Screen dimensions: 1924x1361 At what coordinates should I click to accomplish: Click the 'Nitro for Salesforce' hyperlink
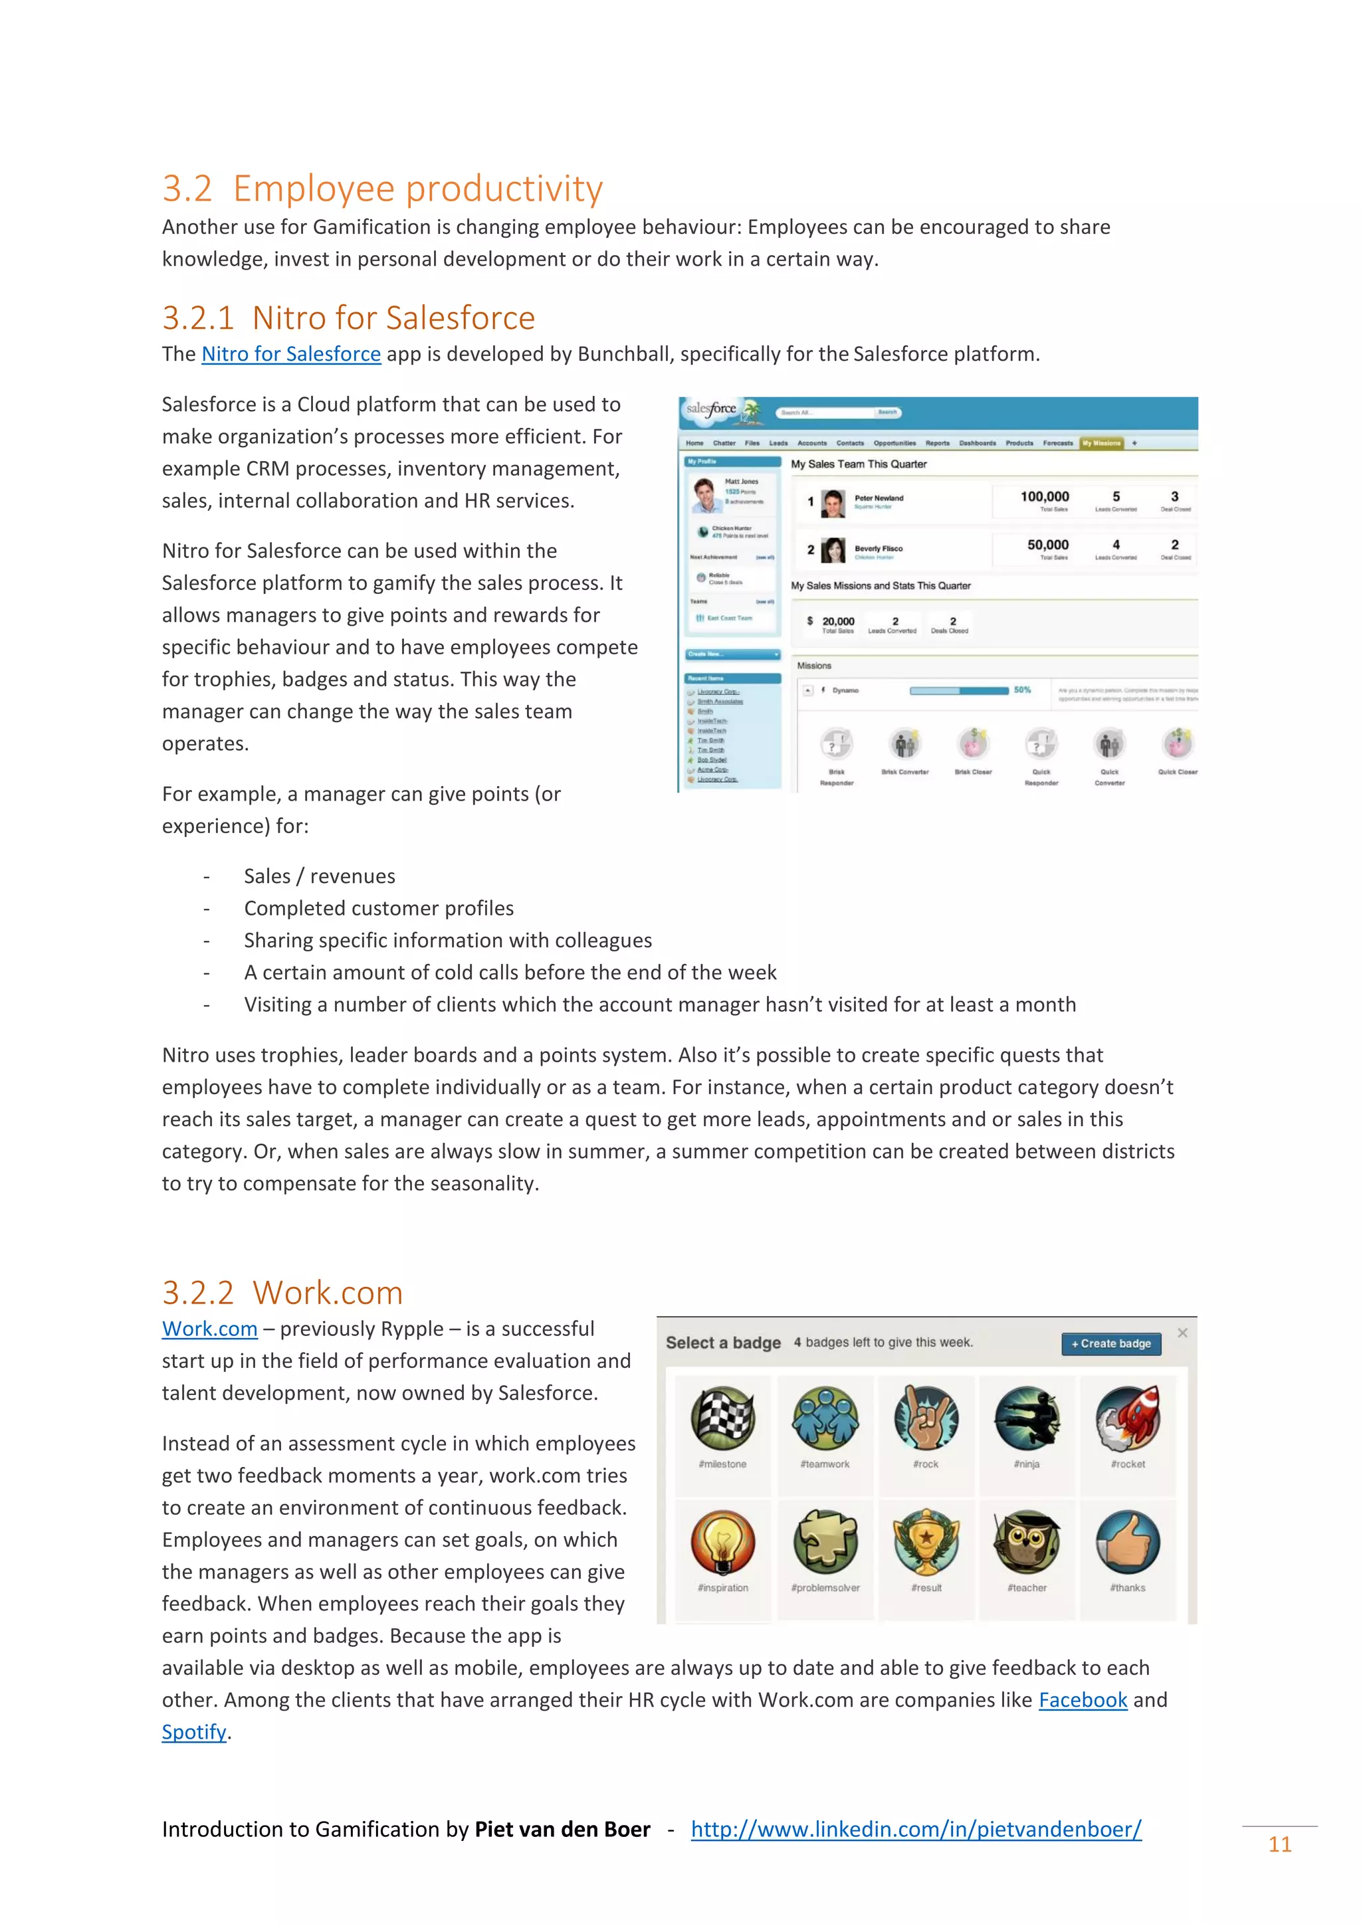point(291,355)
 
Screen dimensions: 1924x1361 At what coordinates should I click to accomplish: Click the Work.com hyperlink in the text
point(209,1329)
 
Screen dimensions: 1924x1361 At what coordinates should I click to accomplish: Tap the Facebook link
point(1083,1700)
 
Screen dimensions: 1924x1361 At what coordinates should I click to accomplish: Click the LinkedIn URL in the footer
point(916,1829)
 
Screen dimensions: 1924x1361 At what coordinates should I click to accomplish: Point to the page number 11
point(1280,1844)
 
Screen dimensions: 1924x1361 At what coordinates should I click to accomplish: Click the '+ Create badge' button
point(1111,1343)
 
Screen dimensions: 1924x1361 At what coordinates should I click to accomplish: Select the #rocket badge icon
point(1128,1418)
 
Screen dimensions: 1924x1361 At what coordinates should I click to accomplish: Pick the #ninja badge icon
point(1027,1418)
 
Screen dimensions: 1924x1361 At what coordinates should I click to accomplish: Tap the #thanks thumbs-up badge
point(1128,1542)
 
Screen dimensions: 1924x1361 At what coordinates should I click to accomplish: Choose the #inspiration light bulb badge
point(722,1542)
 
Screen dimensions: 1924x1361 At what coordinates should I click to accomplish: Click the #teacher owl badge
point(1027,1542)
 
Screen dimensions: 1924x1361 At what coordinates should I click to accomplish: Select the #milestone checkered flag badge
point(722,1418)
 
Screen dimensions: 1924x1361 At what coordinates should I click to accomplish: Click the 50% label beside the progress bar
point(1023,690)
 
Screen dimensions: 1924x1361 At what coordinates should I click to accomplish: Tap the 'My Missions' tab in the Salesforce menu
point(1101,443)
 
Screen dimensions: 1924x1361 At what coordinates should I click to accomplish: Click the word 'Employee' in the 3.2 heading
point(314,189)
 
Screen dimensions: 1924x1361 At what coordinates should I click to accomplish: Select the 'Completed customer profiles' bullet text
point(379,908)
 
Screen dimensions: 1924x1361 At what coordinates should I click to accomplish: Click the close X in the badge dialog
point(1182,1333)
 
